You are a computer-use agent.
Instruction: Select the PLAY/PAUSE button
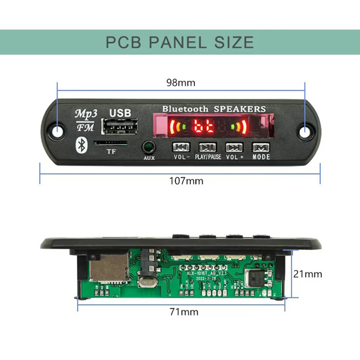(x=207, y=147)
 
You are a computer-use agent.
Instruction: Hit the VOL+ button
(x=234, y=147)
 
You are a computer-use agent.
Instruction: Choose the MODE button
(x=261, y=147)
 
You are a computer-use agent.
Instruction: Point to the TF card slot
(x=110, y=144)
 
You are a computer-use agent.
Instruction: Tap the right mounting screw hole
(x=306, y=131)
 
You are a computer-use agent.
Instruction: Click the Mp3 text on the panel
(x=84, y=112)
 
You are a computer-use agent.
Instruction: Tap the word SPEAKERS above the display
(x=239, y=109)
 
